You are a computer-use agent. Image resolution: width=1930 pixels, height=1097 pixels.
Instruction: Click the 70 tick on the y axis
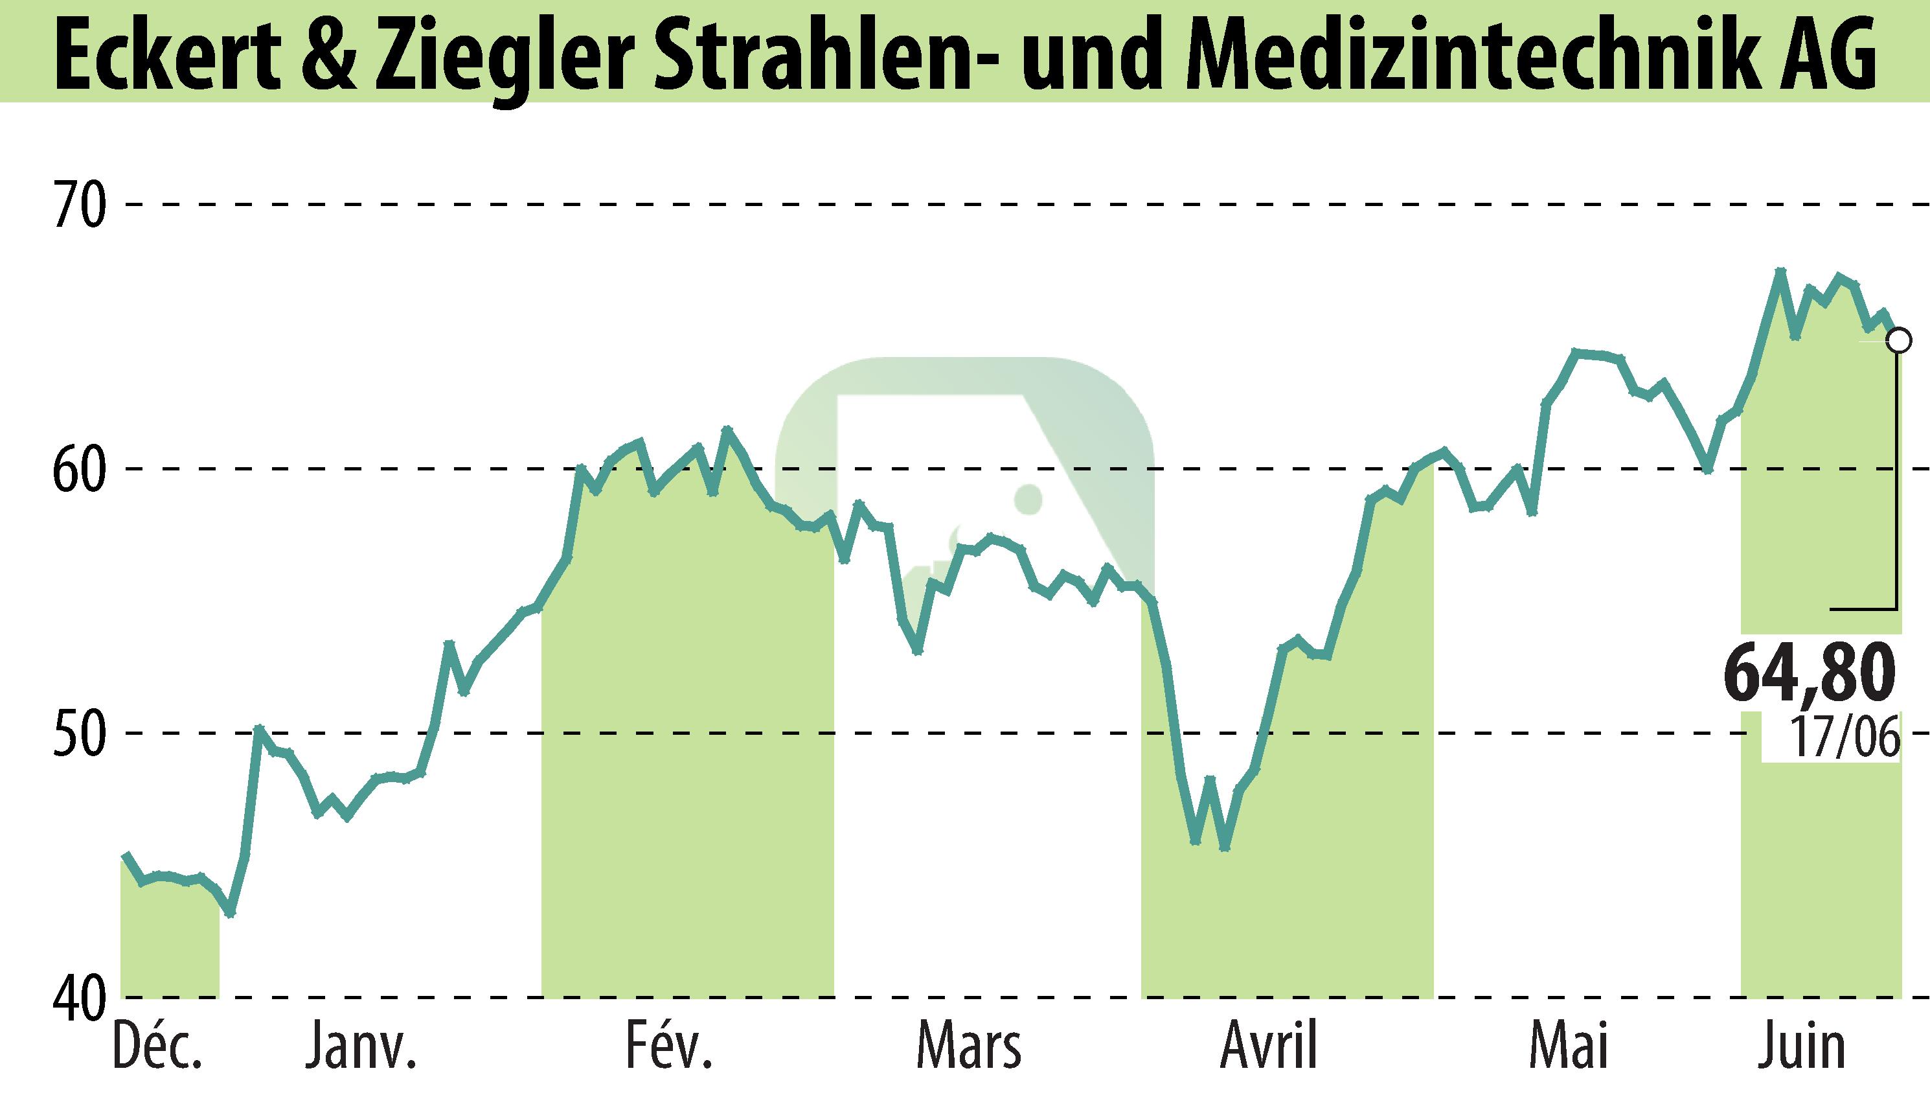pos(78,205)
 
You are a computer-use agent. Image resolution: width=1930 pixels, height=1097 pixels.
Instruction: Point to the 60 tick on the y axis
pos(78,468)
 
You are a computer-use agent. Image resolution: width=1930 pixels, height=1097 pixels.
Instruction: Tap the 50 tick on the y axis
pos(78,732)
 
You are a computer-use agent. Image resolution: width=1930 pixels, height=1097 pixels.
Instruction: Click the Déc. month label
pos(157,1048)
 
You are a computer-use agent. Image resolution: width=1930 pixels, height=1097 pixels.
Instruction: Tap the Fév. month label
pos(668,1048)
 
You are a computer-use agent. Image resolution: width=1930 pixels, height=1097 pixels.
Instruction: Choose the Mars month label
pos(968,1048)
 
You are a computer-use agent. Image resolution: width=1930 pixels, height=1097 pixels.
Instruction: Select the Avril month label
pos(1269,1048)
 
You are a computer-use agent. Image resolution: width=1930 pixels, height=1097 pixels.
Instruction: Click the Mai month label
pos(1569,1048)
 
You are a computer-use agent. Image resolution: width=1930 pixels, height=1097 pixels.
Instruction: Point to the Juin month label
pos(1804,1048)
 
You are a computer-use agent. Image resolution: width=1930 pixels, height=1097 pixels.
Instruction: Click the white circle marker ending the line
pos(1898,341)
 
